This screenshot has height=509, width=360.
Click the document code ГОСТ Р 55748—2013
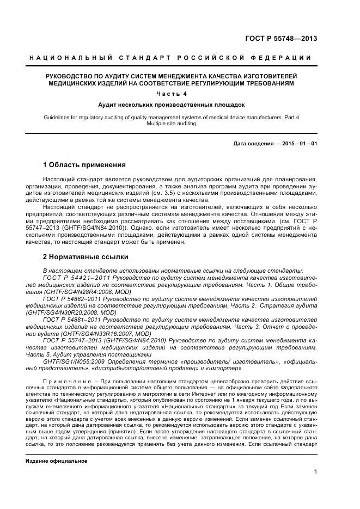pyautogui.click(x=282, y=38)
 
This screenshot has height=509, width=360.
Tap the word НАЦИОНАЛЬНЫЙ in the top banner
pyautogui.click(x=70, y=58)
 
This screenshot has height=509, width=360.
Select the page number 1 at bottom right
pyautogui.click(x=315, y=473)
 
